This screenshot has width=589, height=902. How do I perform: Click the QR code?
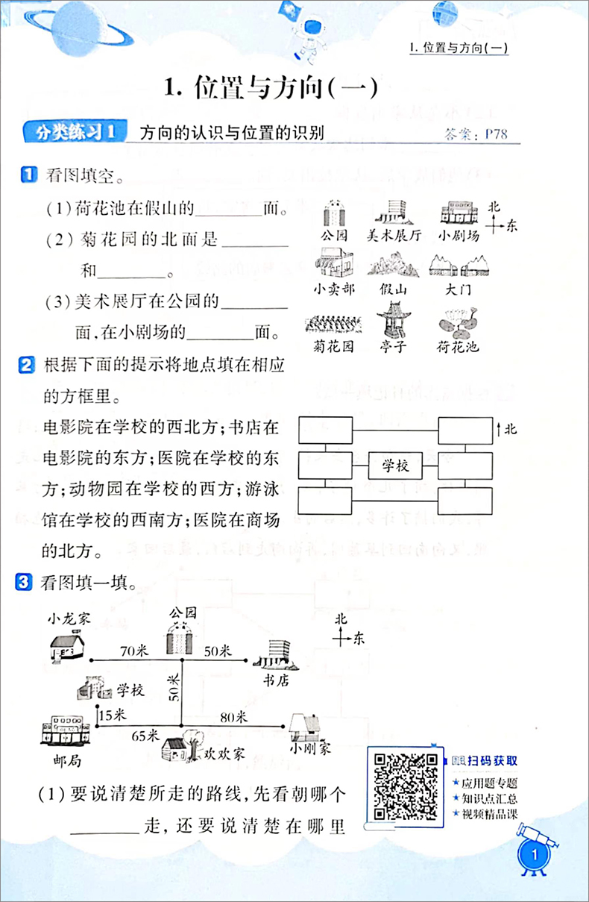pyautogui.click(x=405, y=786)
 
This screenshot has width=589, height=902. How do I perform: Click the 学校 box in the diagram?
pyautogui.click(x=395, y=467)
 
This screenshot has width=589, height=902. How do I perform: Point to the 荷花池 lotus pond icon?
pyautogui.click(x=456, y=322)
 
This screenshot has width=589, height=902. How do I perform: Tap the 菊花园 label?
pyautogui.click(x=333, y=346)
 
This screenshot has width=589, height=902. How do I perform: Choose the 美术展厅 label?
pyautogui.click(x=394, y=235)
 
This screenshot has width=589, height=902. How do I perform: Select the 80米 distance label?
pyautogui.click(x=233, y=718)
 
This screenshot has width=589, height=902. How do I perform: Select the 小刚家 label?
pyautogui.click(x=311, y=748)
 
